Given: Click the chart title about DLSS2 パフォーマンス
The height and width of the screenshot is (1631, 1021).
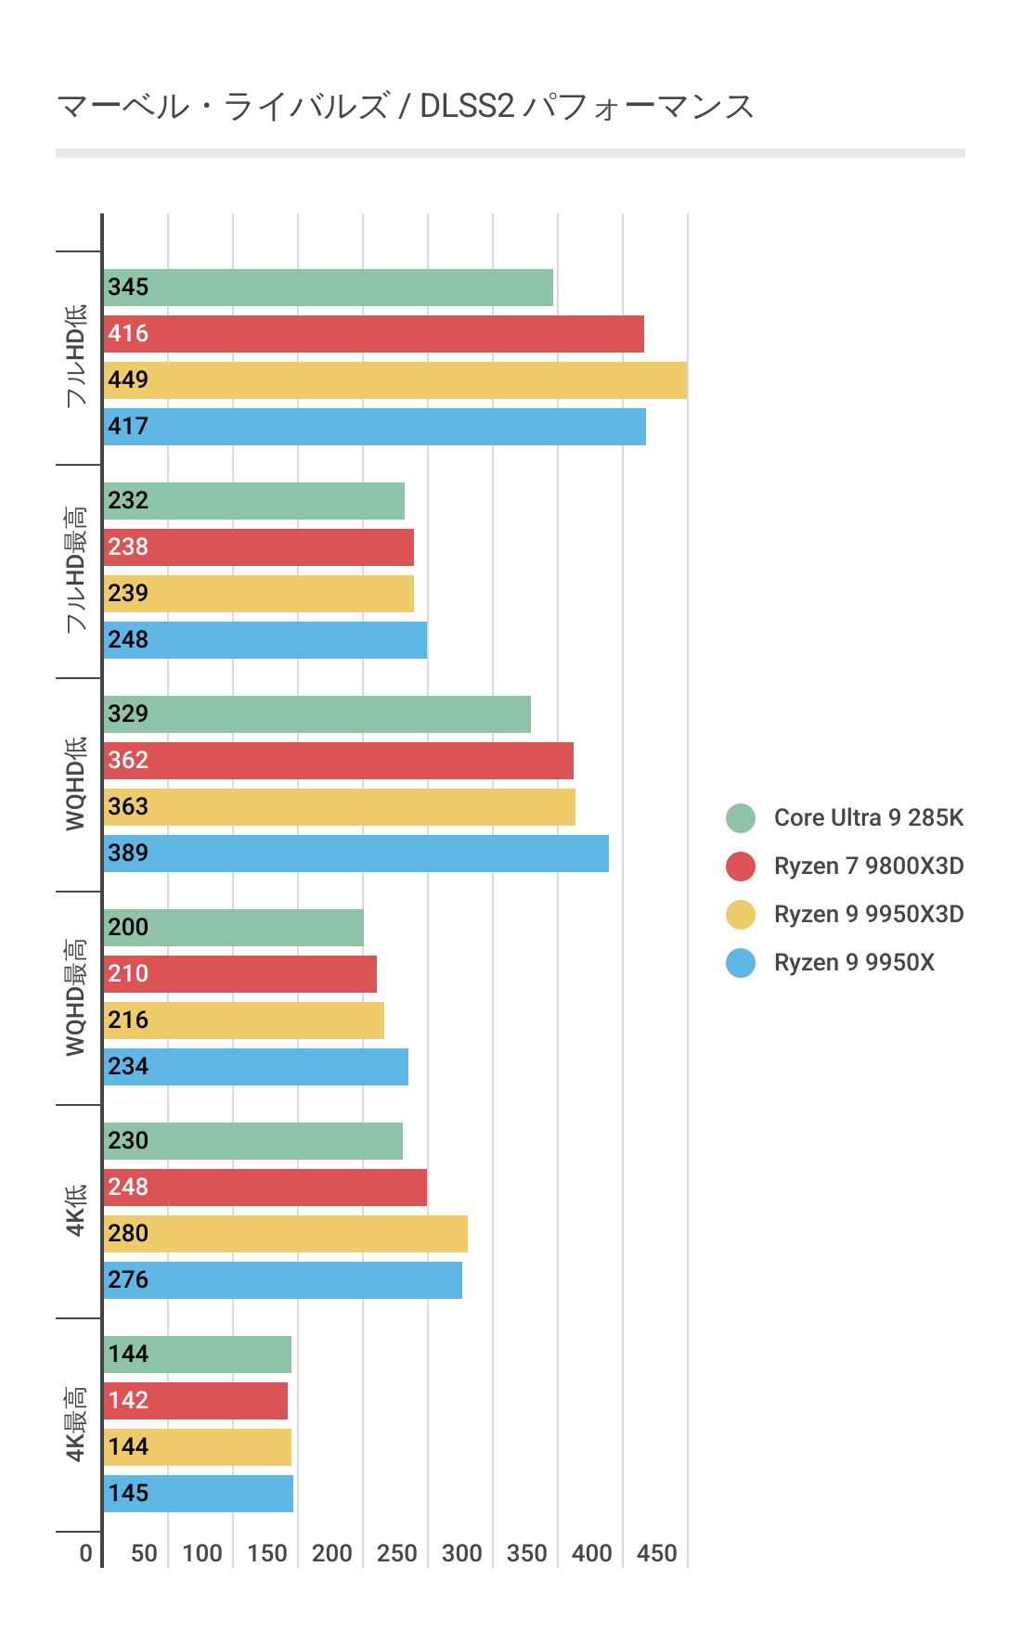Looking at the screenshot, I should pyautogui.click(x=405, y=107).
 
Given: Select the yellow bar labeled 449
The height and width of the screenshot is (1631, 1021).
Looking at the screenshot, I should pyautogui.click(x=394, y=380).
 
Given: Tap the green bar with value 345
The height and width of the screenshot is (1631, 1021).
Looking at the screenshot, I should pyautogui.click(x=328, y=288).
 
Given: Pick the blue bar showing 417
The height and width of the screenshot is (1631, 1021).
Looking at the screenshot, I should pyautogui.click(x=374, y=427).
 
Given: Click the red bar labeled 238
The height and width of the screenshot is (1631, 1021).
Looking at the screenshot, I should pyautogui.click(x=258, y=547).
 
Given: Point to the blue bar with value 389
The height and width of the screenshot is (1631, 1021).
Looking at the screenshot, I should pyautogui.click(x=355, y=854).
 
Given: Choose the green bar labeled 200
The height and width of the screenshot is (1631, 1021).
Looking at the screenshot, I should pyautogui.click(x=233, y=928).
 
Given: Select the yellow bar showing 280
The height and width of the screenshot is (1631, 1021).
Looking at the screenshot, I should pyautogui.click(x=285, y=1234).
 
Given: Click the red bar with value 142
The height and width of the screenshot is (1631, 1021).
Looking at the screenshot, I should pyautogui.click(x=195, y=1401).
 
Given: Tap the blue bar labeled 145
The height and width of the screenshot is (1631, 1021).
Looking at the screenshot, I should pyautogui.click(x=198, y=1494).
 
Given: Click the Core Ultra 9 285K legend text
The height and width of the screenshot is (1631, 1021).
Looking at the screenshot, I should pyautogui.click(x=869, y=817).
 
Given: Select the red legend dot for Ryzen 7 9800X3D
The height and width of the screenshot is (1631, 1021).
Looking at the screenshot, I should pyautogui.click(x=741, y=866).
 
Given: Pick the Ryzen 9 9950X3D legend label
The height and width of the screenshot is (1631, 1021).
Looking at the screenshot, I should pyautogui.click(x=869, y=914).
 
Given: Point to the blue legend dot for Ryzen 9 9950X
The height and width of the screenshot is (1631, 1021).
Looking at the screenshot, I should pyautogui.click(x=741, y=962).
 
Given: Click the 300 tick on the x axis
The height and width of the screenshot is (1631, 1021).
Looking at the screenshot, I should pyautogui.click(x=461, y=1553).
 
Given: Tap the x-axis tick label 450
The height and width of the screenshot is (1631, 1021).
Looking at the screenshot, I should pyautogui.click(x=656, y=1553).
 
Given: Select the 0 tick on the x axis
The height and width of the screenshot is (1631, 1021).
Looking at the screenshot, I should pyautogui.click(x=85, y=1553).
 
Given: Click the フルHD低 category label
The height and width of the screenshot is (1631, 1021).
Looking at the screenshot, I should pyautogui.click(x=76, y=356).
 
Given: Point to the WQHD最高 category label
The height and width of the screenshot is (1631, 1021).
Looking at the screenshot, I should pyautogui.click(x=76, y=997).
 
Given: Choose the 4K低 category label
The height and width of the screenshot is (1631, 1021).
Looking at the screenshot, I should pyautogui.click(x=76, y=1211).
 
